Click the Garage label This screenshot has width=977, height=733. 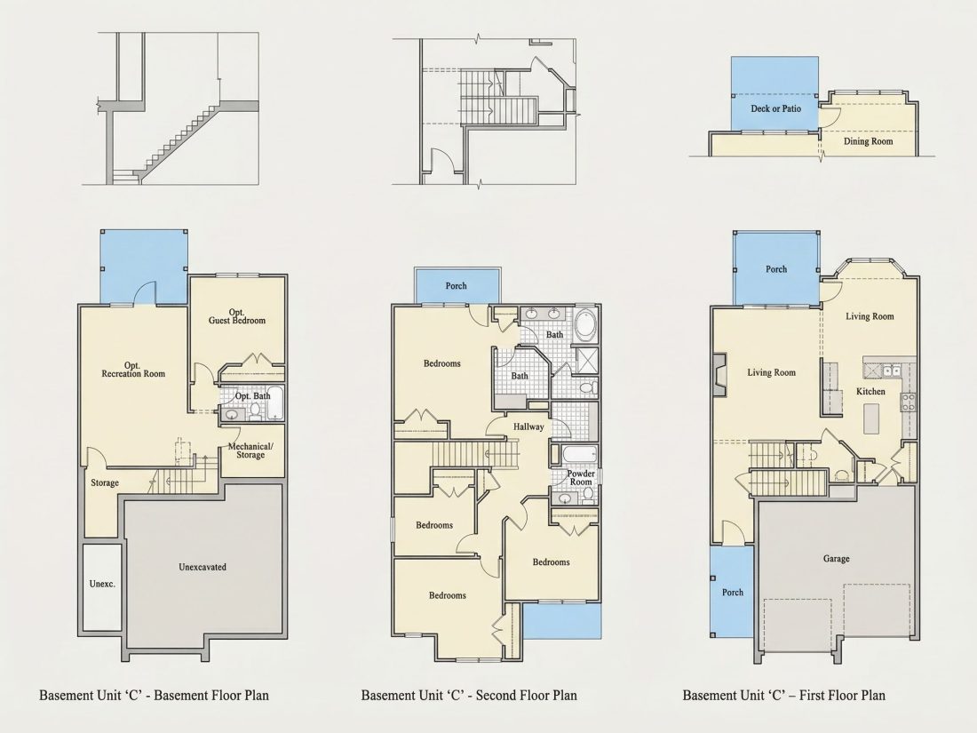coord(836,559)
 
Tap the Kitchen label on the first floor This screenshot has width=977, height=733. coord(870,392)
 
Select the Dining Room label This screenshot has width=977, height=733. coord(868,141)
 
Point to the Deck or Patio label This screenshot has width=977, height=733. coord(775,108)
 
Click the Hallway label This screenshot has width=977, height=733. coord(528,427)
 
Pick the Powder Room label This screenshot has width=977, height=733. coord(581,477)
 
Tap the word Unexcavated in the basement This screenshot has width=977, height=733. coord(203,567)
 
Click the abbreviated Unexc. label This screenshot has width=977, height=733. coord(102,584)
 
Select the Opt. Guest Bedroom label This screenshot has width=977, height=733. coord(237,316)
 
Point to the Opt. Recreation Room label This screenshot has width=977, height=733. coord(133,370)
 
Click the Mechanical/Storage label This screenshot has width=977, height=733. coord(250,450)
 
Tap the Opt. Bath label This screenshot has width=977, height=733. coord(253,395)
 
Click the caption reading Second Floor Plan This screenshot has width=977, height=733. coord(527,695)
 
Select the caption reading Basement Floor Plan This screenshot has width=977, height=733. coord(211,695)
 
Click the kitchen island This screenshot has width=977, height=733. coord(871,418)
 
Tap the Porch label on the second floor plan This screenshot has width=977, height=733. coord(457,285)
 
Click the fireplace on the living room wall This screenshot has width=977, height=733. coord(719,376)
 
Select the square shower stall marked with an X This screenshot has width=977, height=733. coord(586,360)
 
